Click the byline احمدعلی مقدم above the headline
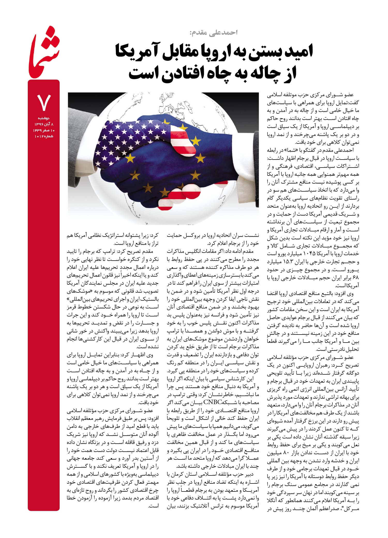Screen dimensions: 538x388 213,33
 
